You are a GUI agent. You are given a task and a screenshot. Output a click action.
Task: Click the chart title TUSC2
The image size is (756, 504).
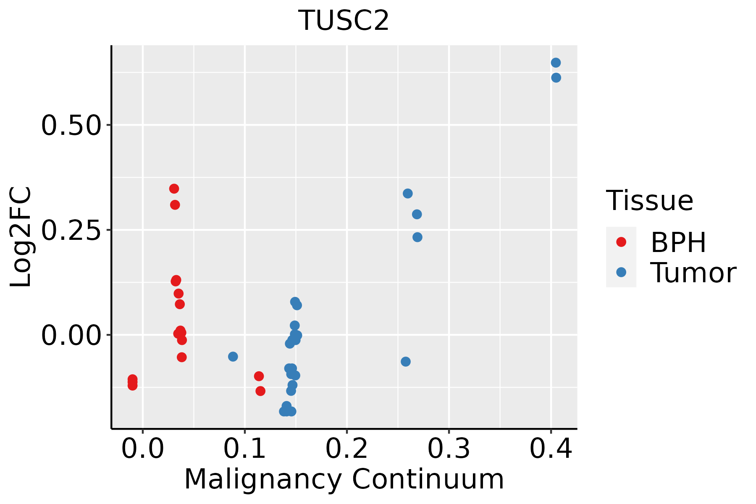(x=344, y=21)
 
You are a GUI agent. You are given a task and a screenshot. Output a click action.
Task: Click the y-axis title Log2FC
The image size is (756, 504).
(x=21, y=237)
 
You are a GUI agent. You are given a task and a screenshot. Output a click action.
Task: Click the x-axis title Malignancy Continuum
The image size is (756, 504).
(x=344, y=480)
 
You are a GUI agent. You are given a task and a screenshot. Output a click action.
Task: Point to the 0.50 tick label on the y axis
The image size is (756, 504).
(x=71, y=125)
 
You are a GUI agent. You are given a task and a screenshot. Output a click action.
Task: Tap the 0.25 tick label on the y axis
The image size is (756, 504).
(x=71, y=230)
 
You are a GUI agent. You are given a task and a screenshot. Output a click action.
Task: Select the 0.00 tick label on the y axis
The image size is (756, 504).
(x=71, y=336)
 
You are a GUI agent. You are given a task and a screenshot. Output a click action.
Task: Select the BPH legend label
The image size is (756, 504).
(x=678, y=242)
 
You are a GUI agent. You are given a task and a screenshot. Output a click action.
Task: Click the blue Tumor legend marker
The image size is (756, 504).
(x=621, y=272)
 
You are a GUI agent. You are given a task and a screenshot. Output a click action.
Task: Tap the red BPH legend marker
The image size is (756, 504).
(x=621, y=242)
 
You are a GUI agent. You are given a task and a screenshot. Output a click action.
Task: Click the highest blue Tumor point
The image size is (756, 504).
(x=556, y=63)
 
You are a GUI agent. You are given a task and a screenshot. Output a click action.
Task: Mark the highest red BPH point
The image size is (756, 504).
(x=174, y=189)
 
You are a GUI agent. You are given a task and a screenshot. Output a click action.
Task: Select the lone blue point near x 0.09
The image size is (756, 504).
(x=233, y=357)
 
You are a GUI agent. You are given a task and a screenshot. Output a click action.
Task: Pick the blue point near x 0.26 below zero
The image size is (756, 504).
(x=405, y=362)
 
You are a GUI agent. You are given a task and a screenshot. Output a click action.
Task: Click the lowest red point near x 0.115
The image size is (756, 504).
(x=260, y=391)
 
